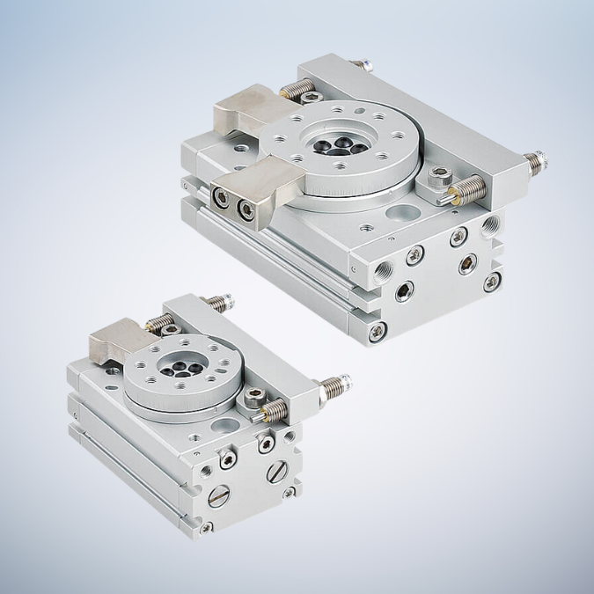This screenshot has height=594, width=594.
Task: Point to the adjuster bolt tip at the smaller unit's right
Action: point(339,384)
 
